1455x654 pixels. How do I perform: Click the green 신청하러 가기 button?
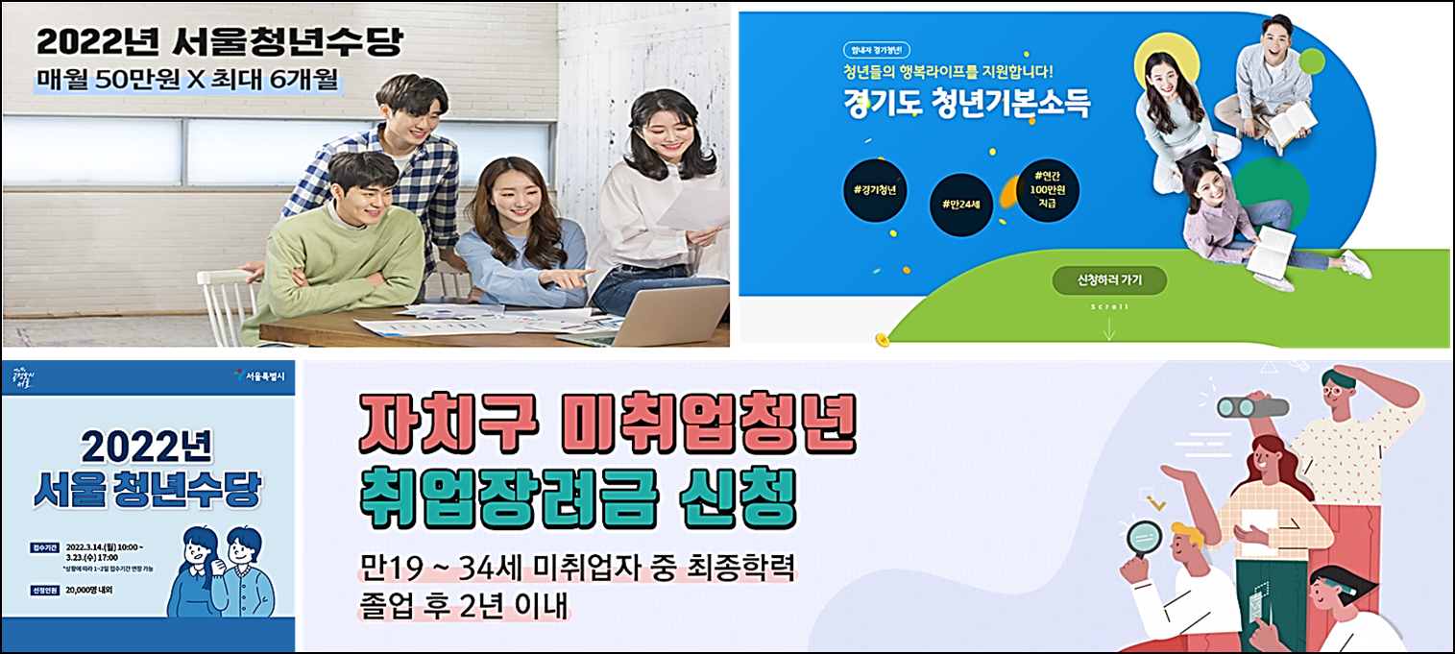click(x=1109, y=280)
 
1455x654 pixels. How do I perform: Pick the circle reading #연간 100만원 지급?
click(x=1047, y=189)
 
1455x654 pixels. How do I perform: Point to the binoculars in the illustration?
click(x=1252, y=406)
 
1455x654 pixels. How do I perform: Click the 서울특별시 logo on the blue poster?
click(x=261, y=375)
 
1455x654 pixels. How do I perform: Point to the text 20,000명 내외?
click(x=90, y=590)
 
